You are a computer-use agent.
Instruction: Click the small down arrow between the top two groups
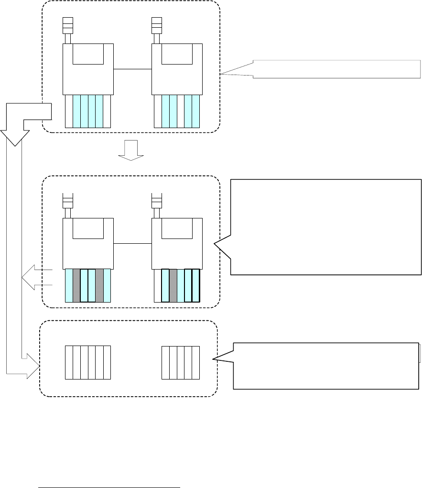click(131, 150)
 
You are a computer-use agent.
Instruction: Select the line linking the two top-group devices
click(132, 69)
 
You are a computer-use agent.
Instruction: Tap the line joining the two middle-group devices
click(132, 243)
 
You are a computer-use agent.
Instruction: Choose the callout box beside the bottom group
click(325, 366)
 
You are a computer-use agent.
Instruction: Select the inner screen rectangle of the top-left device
click(88, 54)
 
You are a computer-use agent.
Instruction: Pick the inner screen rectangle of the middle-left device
click(88, 228)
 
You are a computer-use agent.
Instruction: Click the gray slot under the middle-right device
click(173, 285)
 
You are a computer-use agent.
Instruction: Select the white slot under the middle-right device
click(158, 285)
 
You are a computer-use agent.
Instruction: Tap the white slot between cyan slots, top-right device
click(181, 111)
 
